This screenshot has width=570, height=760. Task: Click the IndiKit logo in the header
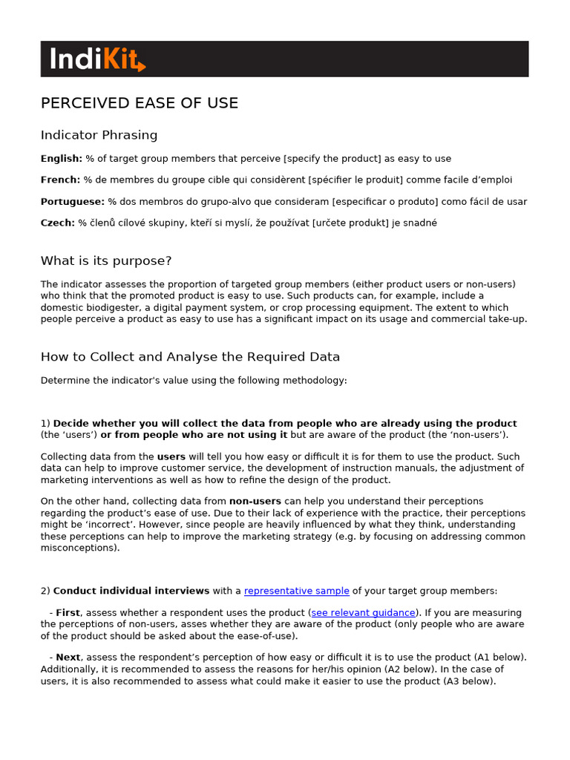97,59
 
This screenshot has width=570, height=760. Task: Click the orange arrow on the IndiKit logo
140,66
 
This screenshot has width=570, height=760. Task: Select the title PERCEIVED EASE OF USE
140,103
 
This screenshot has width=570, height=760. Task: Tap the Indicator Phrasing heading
99,135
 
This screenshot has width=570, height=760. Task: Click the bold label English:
62,159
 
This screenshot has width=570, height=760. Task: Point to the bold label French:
60,180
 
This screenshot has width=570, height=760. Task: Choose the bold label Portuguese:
73,202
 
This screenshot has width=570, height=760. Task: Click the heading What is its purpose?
106,261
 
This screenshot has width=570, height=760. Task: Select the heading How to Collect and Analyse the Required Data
190,357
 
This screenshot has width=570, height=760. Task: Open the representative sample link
297,592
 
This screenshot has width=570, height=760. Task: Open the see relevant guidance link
363,613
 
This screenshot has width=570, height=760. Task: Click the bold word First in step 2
68,613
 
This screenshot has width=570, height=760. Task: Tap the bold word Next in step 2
68,658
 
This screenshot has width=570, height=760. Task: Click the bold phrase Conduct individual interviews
131,592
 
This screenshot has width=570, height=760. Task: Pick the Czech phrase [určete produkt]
352,223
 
